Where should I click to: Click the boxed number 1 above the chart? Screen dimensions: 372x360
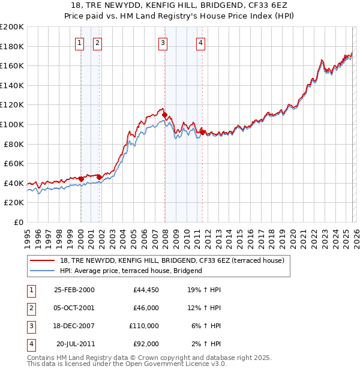pos(80,42)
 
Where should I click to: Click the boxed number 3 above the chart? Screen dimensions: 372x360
pos(163,42)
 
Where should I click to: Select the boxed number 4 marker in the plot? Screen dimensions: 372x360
pos(201,42)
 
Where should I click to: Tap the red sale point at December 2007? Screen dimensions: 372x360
pos(164,115)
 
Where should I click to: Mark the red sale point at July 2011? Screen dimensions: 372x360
pos(202,132)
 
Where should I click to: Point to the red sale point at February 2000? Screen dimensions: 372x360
pos(81,179)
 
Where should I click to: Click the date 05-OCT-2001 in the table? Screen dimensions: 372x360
pos(74,307)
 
